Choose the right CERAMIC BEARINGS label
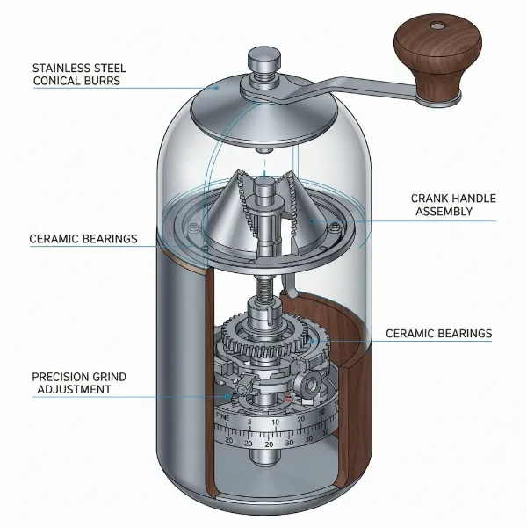[x=439, y=334]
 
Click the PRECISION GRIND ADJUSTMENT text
[x=79, y=383]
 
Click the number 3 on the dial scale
[x=250, y=422]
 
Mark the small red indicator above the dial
[x=288, y=400]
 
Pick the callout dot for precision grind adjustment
[x=227, y=396]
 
